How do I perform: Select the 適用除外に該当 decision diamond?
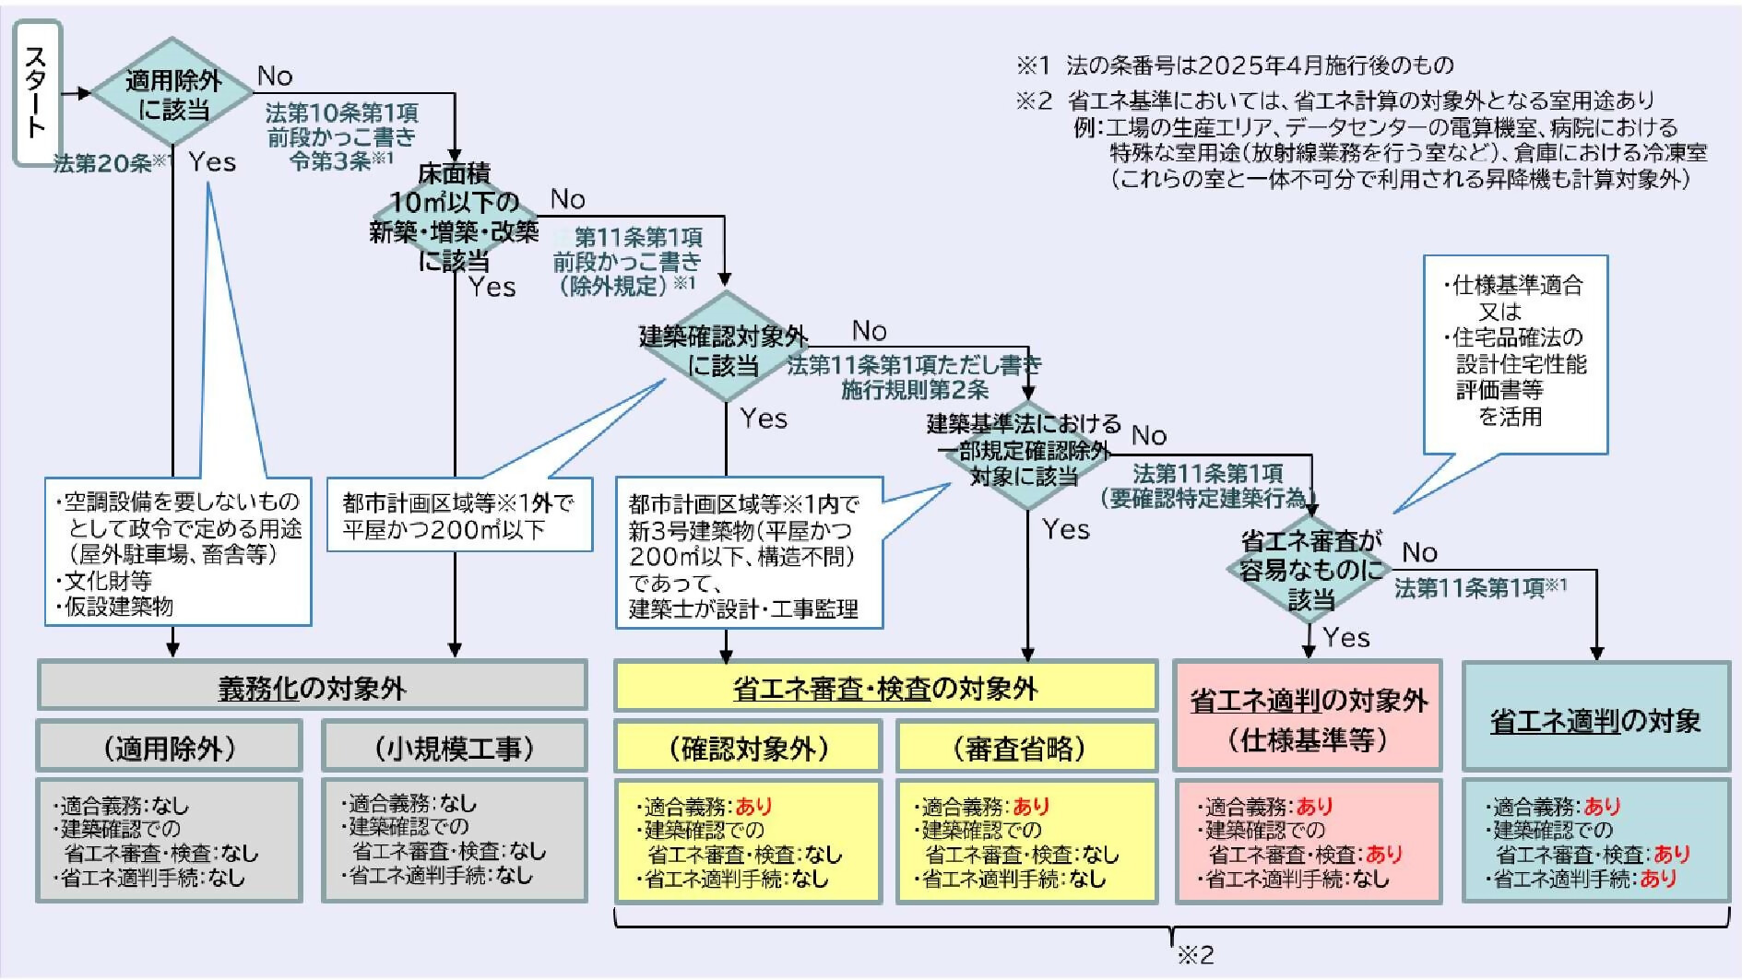[x=173, y=93]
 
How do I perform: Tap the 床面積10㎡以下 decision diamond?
[x=455, y=218]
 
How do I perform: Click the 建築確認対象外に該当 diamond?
[x=725, y=348]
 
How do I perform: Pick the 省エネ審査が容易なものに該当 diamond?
[x=1310, y=570]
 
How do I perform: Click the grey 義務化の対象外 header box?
[x=312, y=685]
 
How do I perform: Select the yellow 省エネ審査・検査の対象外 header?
[x=885, y=686]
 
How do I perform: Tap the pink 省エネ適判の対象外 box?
[x=1308, y=715]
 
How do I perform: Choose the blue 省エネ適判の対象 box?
[x=1596, y=716]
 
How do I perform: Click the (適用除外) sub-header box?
[x=170, y=746]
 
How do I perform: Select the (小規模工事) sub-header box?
[x=455, y=746]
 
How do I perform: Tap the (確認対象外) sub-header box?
[x=748, y=747]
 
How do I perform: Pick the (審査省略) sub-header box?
[x=1026, y=747]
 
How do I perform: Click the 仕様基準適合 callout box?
[x=1515, y=355]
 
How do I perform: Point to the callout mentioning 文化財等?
[x=178, y=551]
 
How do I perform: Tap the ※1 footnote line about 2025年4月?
[x=1235, y=65]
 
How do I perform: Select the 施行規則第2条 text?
[x=914, y=390]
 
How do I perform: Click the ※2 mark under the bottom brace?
[x=1195, y=954]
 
